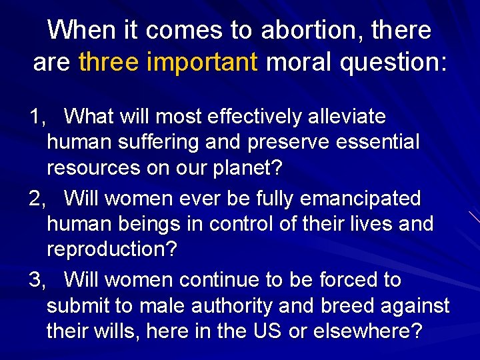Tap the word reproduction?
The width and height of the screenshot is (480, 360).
[112, 249]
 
